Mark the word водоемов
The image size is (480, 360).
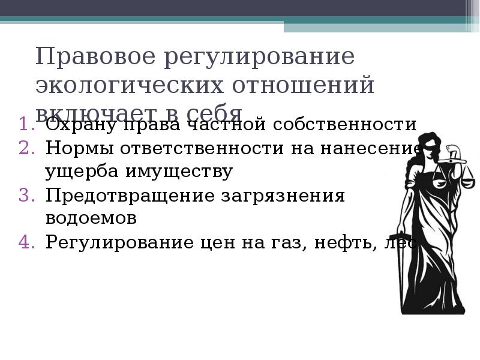coord(91,219)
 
